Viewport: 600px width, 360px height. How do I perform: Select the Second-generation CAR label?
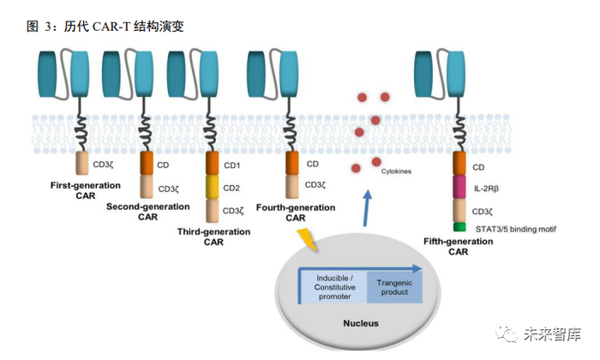pos(147,212)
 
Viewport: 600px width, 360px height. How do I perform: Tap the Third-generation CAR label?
pos(213,237)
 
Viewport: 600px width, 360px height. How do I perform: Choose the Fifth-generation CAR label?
pos(458,246)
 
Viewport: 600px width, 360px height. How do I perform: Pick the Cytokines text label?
pos(396,172)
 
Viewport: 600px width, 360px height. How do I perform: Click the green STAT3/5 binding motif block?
pos(459,226)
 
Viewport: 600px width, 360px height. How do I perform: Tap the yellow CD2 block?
pos(213,186)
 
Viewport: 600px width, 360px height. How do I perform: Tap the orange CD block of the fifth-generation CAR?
pos(459,163)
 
